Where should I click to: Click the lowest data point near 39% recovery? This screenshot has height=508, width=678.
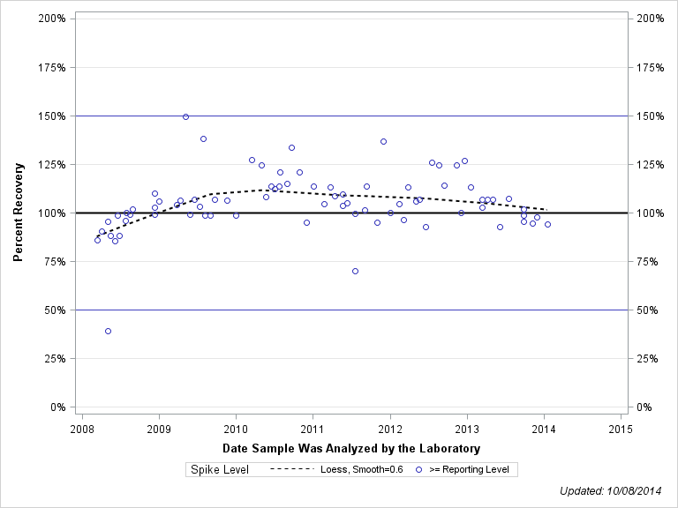coord(108,331)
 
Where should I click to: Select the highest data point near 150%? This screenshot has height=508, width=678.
coord(185,116)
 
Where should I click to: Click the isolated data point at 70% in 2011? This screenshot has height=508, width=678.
coord(355,271)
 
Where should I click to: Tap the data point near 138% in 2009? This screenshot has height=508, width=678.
coord(203,138)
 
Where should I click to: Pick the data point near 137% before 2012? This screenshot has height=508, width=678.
coord(383,141)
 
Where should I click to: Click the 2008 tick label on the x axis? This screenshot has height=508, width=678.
coord(81,429)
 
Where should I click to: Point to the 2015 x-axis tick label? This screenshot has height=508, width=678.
coord(621,429)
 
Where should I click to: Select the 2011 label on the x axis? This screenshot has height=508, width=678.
coord(313,429)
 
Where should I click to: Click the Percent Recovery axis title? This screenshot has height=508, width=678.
coord(18,213)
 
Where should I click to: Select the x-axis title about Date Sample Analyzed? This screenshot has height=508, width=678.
coord(350,449)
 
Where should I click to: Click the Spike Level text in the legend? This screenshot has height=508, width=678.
coord(220,470)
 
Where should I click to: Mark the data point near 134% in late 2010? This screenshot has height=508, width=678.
coord(291,147)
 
